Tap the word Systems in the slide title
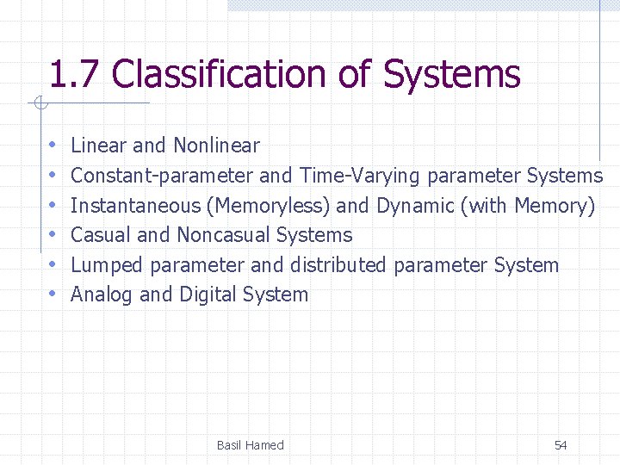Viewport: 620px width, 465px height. tap(451, 75)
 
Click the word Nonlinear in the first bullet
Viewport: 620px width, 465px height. tap(216, 146)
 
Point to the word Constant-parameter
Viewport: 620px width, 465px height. tap(162, 176)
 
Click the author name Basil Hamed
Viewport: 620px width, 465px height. tap(250, 445)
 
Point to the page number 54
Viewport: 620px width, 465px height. tap(561, 445)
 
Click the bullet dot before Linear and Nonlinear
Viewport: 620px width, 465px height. tap(53, 146)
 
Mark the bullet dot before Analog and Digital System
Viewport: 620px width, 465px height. tap(53, 294)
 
